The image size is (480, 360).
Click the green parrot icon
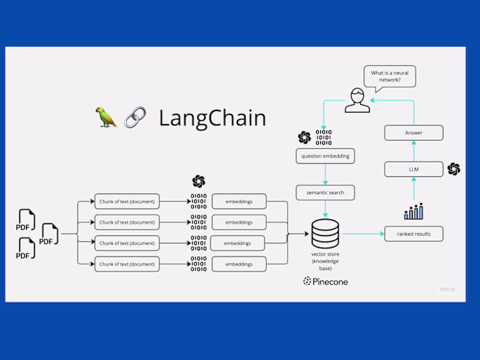click(x=106, y=117)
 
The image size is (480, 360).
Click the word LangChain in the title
click(x=212, y=117)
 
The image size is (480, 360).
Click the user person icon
click(x=357, y=101)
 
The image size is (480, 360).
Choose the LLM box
click(x=413, y=169)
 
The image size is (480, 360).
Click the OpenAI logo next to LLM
click(x=453, y=169)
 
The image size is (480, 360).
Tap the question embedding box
click(x=324, y=156)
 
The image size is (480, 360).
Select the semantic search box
click(x=324, y=193)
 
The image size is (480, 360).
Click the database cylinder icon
click(x=325, y=233)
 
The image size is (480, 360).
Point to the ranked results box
click(x=413, y=234)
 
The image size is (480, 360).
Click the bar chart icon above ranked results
click(x=413, y=211)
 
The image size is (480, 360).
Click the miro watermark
click(x=447, y=289)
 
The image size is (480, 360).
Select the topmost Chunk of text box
click(x=127, y=202)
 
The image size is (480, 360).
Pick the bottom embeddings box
click(x=239, y=264)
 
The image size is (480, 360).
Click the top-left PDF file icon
click(x=26, y=221)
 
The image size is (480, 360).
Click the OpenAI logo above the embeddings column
click(x=198, y=181)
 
